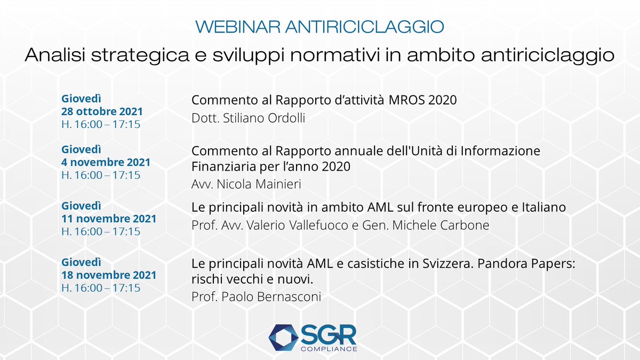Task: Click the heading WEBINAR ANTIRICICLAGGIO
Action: point(319,27)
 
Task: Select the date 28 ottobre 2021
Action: point(102,112)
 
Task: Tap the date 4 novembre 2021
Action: point(106,162)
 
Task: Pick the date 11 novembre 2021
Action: point(109,219)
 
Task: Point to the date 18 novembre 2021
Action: point(109,275)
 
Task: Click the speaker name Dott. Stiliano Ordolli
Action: point(248,118)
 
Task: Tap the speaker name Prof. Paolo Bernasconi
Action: point(256,297)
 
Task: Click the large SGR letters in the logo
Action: point(330,334)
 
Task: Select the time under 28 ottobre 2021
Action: point(101,124)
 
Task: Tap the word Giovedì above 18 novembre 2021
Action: point(82,262)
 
